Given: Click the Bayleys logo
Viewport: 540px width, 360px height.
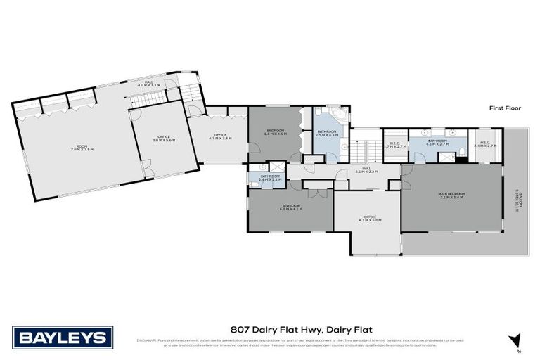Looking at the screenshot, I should point(62,337).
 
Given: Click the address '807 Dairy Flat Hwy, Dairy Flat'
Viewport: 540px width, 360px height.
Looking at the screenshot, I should point(301,328).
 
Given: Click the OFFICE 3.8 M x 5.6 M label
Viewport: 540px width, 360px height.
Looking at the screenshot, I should point(164,139).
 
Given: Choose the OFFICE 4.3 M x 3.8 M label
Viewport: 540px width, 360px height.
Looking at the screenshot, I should point(221,138).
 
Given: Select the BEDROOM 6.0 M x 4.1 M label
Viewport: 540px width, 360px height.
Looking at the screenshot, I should point(290,207).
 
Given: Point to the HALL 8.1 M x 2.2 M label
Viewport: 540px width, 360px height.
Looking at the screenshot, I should point(366,170).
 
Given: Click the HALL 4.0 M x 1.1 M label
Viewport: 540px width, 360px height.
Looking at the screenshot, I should point(148,83).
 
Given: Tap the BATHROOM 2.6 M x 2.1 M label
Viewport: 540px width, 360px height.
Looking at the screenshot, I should point(270,178).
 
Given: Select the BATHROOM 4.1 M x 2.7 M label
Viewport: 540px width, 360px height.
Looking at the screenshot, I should point(439,142).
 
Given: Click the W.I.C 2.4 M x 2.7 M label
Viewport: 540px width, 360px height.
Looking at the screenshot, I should point(485,144).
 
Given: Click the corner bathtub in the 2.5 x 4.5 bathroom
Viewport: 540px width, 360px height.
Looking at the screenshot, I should point(336,115).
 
